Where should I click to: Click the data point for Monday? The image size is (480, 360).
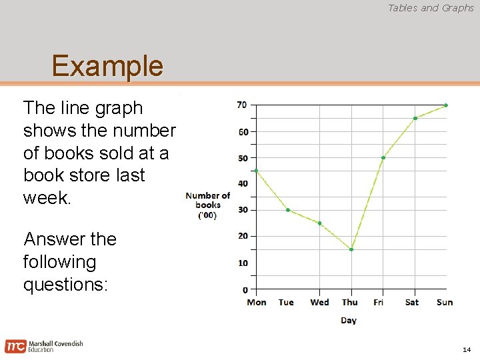pos(257,171)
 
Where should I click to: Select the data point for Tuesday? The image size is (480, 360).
pos(288,210)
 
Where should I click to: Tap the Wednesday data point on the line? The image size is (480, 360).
pos(320,223)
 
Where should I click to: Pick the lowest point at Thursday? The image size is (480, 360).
pos(351,249)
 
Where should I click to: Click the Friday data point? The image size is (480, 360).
pos(383,158)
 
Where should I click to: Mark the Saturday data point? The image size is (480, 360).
pos(415,119)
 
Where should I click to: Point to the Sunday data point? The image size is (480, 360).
pos(446,105)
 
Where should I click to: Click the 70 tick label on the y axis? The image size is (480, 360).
pos(242,105)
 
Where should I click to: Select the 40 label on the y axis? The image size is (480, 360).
pos(242,184)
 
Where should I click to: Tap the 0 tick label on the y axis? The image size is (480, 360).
pos(245,289)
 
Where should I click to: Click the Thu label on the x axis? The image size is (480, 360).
pos(349,303)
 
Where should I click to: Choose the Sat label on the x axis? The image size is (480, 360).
pos(412,303)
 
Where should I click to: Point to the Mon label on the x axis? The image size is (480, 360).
pos(257,303)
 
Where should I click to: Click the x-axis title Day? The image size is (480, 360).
pos(349,321)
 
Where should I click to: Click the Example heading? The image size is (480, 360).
pos(107,66)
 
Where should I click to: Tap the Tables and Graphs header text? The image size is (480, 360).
pos(431,8)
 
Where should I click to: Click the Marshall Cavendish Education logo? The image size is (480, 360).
pos(44,346)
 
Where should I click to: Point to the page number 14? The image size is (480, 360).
pos(466,349)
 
